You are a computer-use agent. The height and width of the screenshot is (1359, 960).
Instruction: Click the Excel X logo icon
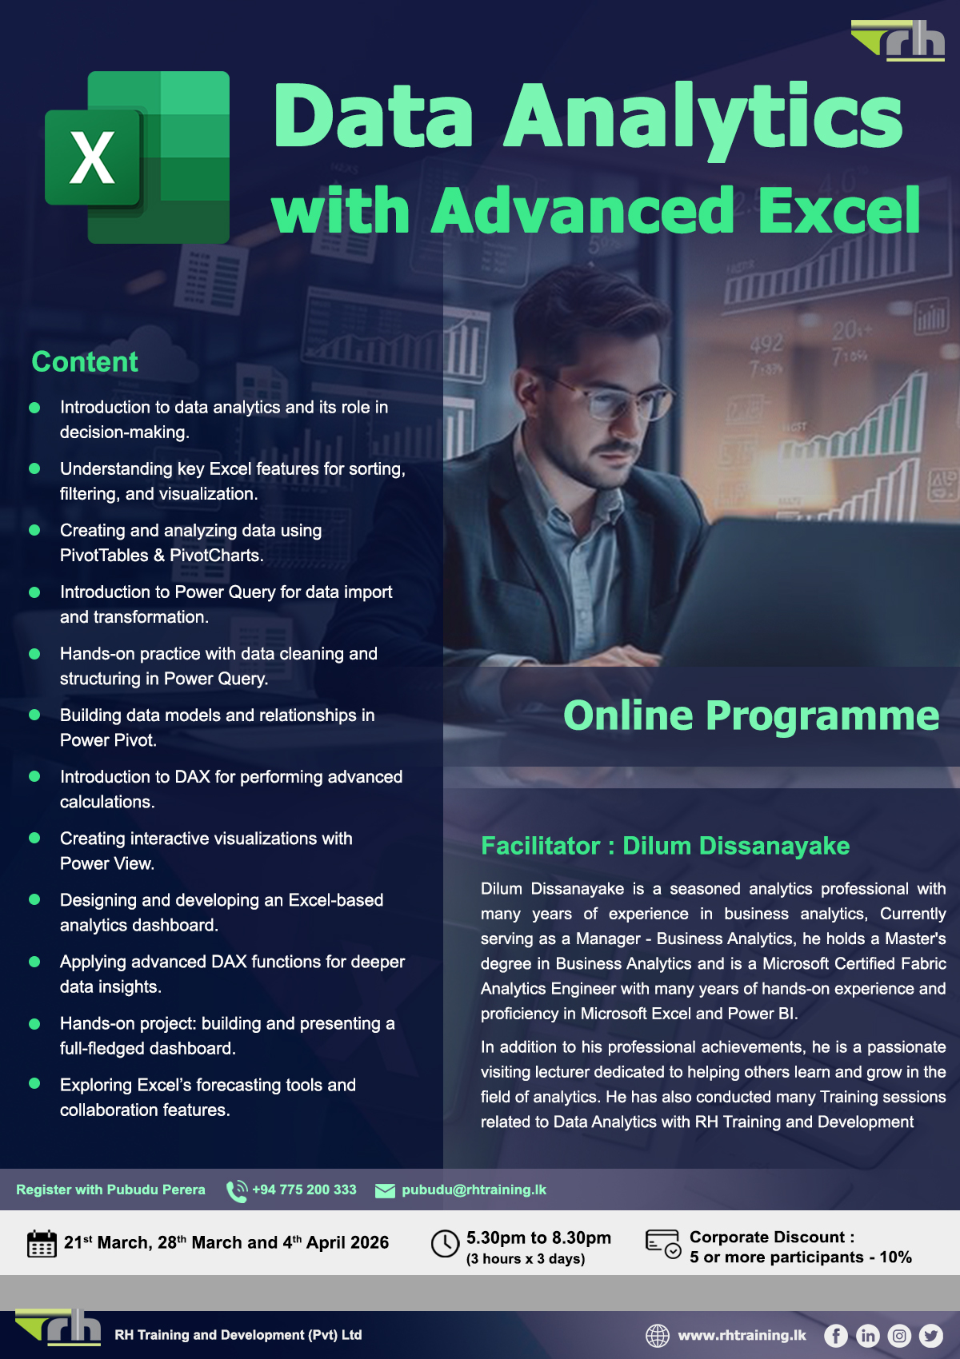pyautogui.click(x=137, y=157)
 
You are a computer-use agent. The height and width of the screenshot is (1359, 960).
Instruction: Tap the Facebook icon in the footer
pyautogui.click(x=836, y=1335)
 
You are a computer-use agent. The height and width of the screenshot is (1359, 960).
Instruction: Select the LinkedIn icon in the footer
pyautogui.click(x=868, y=1335)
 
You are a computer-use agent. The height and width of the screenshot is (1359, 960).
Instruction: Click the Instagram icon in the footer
pyautogui.click(x=900, y=1335)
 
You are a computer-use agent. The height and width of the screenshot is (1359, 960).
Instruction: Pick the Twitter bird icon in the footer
pyautogui.click(x=931, y=1335)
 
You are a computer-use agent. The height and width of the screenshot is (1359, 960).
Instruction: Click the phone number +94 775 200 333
pyautogui.click(x=304, y=1190)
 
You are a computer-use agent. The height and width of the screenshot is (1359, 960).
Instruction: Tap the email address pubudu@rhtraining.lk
pyautogui.click(x=474, y=1190)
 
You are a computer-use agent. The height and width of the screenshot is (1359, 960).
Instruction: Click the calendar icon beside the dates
pyautogui.click(x=42, y=1244)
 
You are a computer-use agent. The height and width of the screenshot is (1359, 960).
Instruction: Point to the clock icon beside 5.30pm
pyautogui.click(x=445, y=1244)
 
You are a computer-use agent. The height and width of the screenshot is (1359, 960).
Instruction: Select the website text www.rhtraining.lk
pyautogui.click(x=742, y=1335)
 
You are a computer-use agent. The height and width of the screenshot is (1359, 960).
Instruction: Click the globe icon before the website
pyautogui.click(x=658, y=1335)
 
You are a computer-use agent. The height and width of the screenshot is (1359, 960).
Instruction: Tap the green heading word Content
pyautogui.click(x=85, y=362)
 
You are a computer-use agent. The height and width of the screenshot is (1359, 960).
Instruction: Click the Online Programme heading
pyautogui.click(x=751, y=715)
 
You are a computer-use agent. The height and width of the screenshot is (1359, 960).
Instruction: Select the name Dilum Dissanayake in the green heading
pyautogui.click(x=736, y=846)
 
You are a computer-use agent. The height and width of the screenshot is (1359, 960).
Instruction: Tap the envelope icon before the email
pyautogui.click(x=385, y=1190)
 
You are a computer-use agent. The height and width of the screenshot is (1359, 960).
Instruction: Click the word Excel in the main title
pyautogui.click(x=838, y=210)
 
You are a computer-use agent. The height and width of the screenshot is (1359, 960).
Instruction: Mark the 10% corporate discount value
pyautogui.click(x=895, y=1257)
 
